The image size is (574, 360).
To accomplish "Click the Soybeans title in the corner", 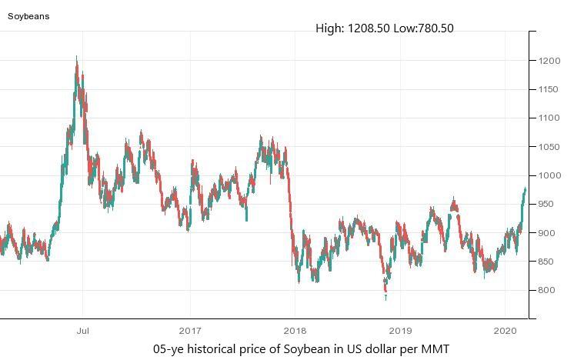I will click(28, 15).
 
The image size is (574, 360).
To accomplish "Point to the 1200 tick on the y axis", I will click(549, 61).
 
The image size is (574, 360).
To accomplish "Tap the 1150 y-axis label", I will click(549, 90).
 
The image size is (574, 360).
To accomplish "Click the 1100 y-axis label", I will click(549, 118).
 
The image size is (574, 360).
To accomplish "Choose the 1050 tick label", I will click(549, 147).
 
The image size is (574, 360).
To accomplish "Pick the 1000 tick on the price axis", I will click(549, 176).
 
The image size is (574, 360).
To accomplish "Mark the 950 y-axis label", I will click(547, 205).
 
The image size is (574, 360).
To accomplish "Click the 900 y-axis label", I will click(547, 233).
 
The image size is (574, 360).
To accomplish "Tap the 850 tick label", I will click(547, 262).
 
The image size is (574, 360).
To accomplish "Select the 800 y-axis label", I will click(547, 291).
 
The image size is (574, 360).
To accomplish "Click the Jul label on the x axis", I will click(83, 329).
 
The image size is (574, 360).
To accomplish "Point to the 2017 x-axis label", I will click(189, 329).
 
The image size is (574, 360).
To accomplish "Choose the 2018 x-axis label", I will click(294, 329).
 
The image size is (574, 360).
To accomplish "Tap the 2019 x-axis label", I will click(399, 329).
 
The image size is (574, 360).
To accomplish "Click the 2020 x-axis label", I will click(505, 329).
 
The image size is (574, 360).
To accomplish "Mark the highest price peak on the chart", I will click(76, 57).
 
